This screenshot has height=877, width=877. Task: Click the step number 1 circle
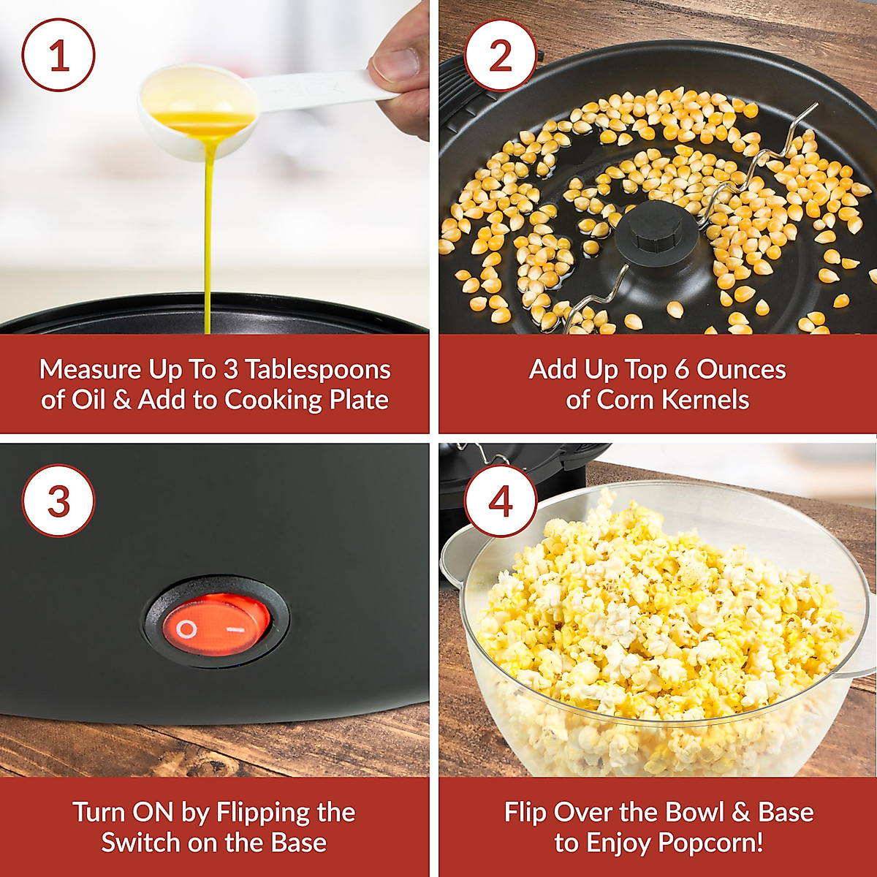pyautogui.click(x=58, y=55)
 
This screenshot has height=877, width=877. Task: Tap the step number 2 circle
pyautogui.click(x=501, y=55)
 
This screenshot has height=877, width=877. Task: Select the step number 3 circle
pyautogui.click(x=58, y=501)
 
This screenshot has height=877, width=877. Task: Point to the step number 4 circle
pyautogui.click(x=501, y=501)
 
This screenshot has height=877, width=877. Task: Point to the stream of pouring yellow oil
pyautogui.click(x=208, y=234)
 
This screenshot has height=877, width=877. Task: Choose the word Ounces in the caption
pyautogui.click(x=741, y=370)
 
